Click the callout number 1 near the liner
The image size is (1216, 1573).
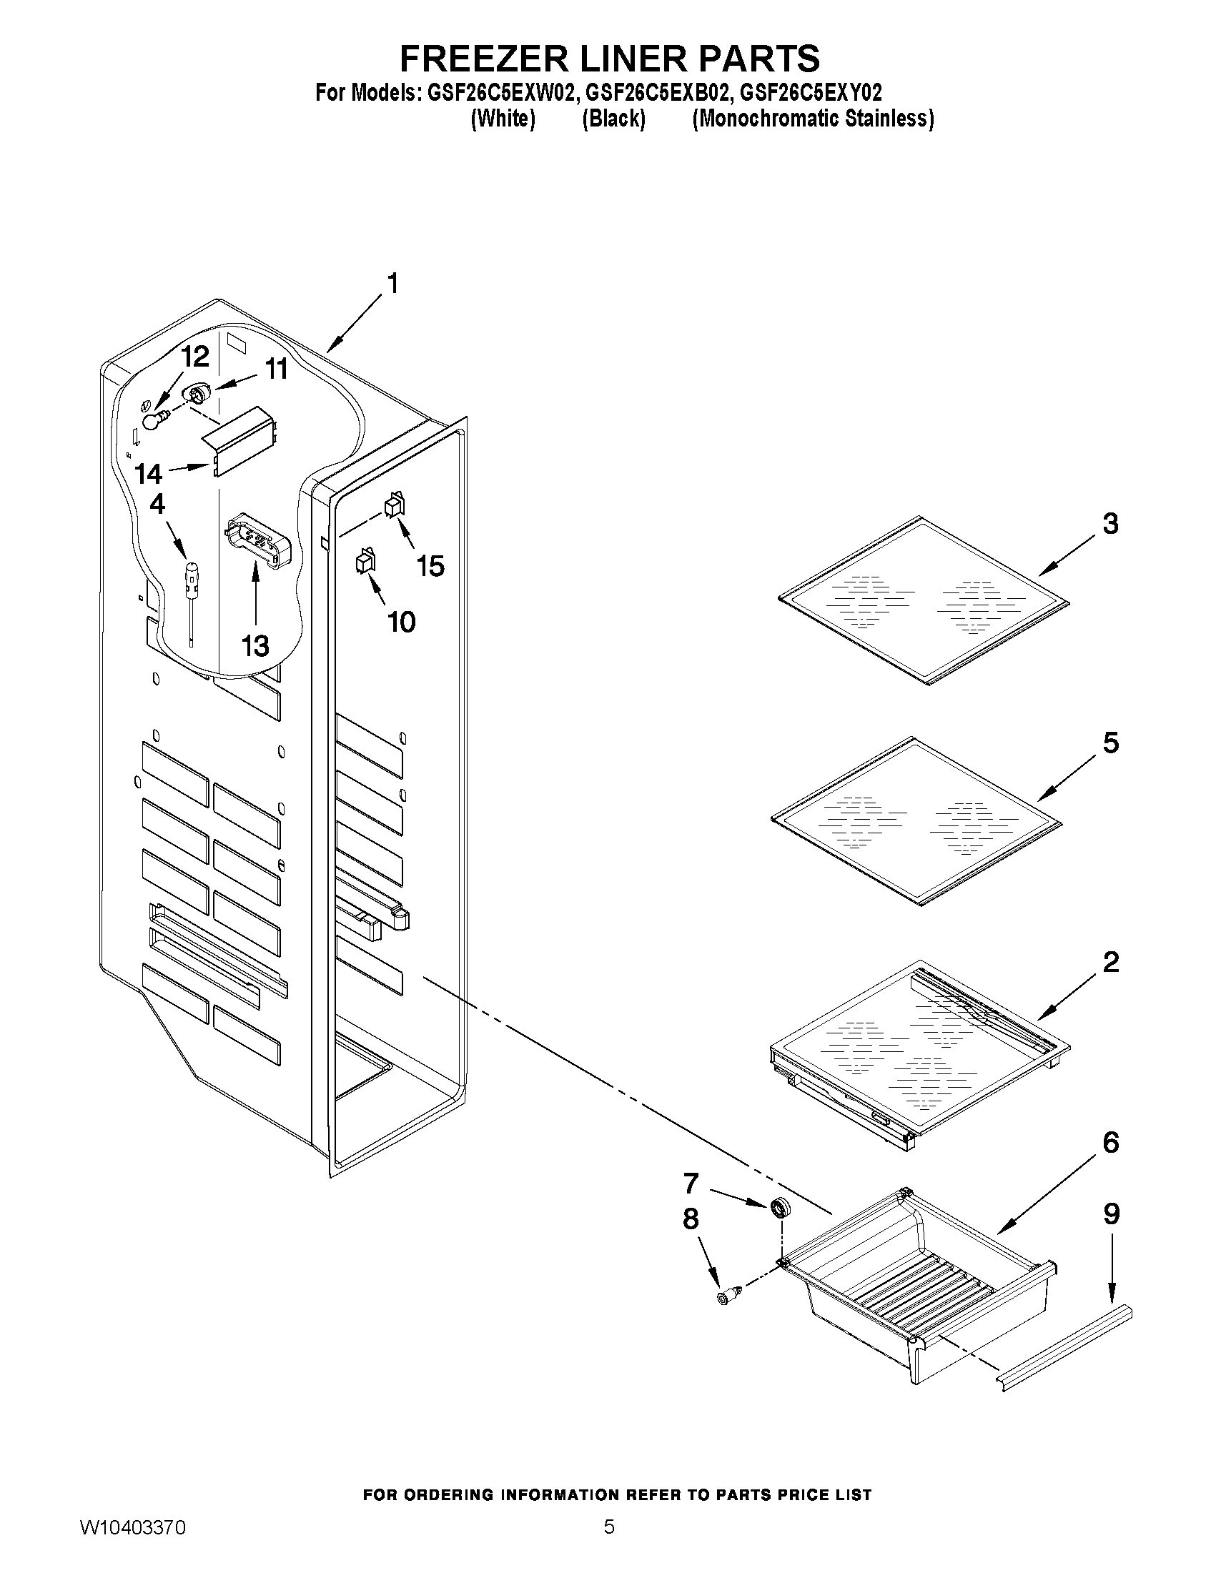[x=392, y=284]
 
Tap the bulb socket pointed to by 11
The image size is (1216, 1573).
[x=197, y=394]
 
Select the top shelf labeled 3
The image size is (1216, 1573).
[x=924, y=600]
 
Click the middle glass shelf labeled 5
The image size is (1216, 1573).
[x=917, y=820]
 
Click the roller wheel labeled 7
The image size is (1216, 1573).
[x=779, y=1208]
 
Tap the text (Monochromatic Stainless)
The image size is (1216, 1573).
[x=813, y=119]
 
